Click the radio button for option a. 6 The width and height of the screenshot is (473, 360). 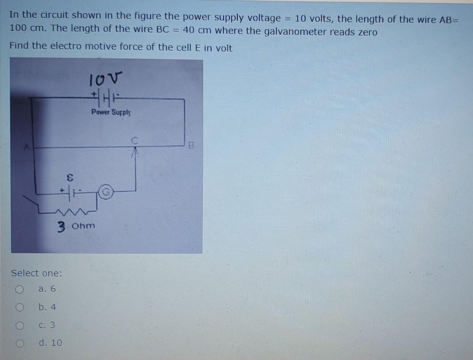click(19, 289)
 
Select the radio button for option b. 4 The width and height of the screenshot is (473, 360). click(19, 307)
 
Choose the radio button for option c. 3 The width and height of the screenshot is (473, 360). click(19, 326)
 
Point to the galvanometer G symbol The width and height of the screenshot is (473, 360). click(106, 191)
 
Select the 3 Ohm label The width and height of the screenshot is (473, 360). click(76, 226)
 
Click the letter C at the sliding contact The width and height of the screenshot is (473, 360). click(134, 141)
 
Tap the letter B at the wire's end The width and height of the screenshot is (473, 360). click(192, 145)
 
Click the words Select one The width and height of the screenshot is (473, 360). click(37, 273)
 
